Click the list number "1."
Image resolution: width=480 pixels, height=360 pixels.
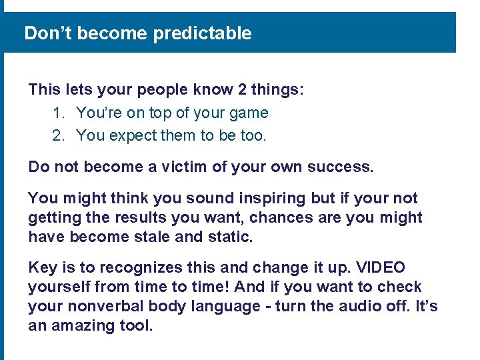pos(59,113)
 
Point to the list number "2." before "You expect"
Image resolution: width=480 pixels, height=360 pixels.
pos(59,136)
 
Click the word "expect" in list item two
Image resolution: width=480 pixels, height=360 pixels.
pos(133,136)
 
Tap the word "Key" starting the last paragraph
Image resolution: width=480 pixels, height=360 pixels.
pos(42,268)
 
